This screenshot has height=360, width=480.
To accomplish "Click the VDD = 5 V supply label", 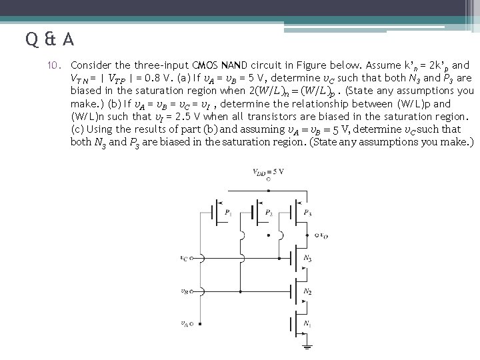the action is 268,172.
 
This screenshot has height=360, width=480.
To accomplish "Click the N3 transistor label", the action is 307,258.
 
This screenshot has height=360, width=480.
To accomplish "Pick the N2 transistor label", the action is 307,291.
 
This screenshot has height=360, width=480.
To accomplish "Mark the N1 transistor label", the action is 307,323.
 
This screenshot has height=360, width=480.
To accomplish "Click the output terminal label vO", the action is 323,235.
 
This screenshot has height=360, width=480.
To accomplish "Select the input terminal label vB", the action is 184,291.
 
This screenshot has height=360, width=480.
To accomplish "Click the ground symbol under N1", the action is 307,347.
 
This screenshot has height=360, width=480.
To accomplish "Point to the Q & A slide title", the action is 51,41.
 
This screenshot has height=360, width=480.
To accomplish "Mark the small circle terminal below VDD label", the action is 268,179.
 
